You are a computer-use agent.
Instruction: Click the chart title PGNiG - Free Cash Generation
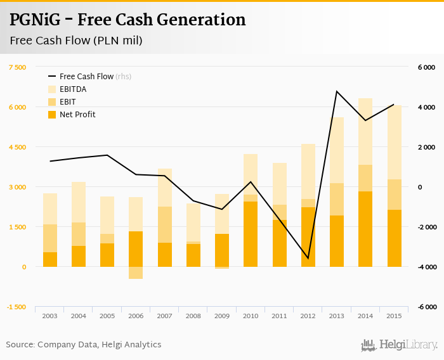[x=127, y=20]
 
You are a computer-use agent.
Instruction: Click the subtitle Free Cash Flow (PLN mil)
[x=76, y=41]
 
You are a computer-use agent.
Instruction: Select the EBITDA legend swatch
[x=53, y=89]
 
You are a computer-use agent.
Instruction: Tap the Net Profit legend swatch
[x=53, y=115]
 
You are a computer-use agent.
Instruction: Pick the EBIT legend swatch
[x=53, y=102]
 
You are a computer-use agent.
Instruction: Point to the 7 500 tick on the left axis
[x=17, y=67]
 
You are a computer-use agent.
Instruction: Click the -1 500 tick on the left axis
[x=17, y=307]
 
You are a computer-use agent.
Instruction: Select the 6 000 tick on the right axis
[x=426, y=67]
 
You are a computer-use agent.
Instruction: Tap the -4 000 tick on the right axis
[x=426, y=267]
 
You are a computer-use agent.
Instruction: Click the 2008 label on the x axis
[x=194, y=316]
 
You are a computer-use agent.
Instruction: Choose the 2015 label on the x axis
[x=395, y=316]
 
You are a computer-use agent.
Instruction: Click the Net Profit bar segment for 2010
[x=251, y=234]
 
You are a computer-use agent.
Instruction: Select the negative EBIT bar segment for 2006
[x=136, y=273]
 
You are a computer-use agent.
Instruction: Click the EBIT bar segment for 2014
[x=365, y=178]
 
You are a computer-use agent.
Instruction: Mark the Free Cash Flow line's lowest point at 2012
[x=308, y=259]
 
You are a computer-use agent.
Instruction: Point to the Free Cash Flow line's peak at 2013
[x=337, y=91]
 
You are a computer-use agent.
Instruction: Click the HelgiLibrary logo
[x=400, y=345]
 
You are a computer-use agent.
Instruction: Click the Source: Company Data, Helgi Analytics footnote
[x=84, y=345]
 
